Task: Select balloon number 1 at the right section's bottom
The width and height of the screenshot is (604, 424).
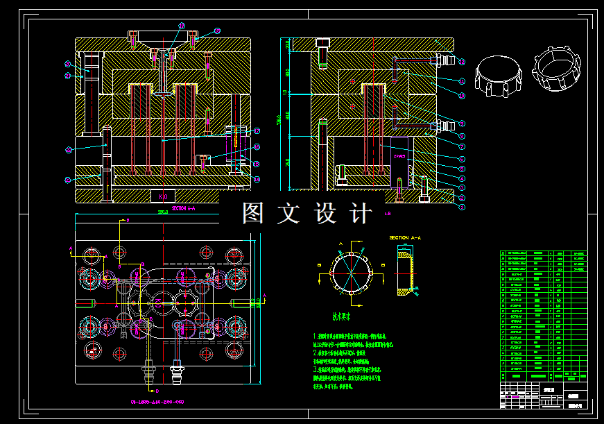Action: pos(463,207)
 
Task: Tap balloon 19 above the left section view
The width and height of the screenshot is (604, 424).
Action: pos(182,26)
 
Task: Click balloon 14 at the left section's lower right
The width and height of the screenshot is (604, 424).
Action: pos(257,180)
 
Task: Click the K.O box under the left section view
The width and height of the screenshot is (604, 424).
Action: pos(163,196)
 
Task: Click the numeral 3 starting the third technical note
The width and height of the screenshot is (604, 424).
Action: pos(315,371)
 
